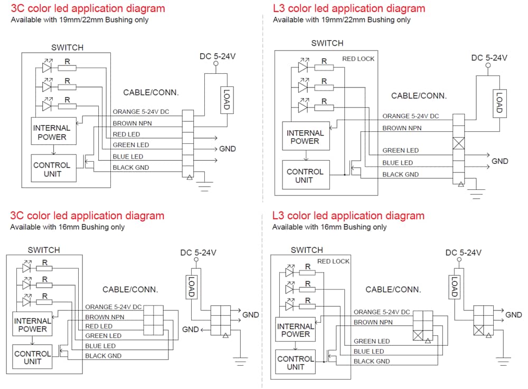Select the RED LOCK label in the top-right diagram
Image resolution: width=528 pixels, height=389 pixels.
tap(358, 59)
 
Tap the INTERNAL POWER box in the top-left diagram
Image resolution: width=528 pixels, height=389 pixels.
tap(51, 132)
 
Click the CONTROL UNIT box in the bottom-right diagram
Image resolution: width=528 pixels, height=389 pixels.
tap(295, 362)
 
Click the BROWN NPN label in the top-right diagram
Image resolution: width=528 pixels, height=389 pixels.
tap(402, 128)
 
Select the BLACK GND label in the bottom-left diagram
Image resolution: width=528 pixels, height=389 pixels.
tap(103, 356)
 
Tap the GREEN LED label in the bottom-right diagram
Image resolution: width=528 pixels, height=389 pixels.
tap(372, 342)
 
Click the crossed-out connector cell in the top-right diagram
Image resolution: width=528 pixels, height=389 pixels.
tap(458, 143)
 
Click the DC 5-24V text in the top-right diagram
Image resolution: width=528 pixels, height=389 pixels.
tap(489, 58)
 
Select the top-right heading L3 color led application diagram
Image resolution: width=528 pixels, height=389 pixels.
tap(348, 8)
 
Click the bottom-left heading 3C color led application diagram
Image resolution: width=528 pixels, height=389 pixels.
tap(87, 216)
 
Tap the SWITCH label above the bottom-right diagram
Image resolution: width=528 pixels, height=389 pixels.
tap(306, 250)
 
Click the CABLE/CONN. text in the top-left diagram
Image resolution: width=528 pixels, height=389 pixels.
tap(151, 92)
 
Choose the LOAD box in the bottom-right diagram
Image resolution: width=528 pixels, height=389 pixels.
tap(454, 287)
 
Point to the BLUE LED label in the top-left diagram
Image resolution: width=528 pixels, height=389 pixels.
tap(128, 157)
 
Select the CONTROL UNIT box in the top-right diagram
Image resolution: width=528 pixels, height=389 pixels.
tap(304, 176)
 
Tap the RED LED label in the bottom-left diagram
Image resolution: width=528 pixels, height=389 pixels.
tap(99, 327)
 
